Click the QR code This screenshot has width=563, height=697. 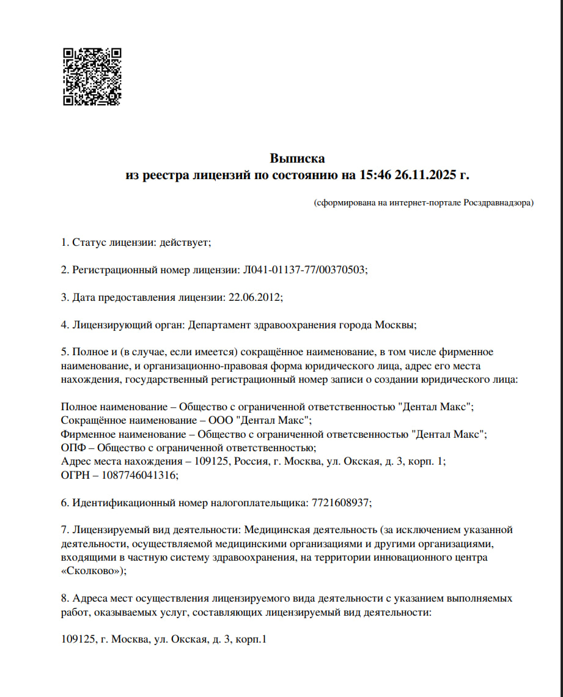click(x=92, y=77)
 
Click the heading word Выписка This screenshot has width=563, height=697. click(x=297, y=159)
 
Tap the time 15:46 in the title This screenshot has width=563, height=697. click(x=374, y=175)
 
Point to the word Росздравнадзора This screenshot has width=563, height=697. click(x=498, y=202)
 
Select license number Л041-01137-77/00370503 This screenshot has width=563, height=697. click(x=306, y=270)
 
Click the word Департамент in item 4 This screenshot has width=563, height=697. click(x=216, y=325)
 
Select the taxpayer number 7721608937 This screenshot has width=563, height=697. click(x=340, y=503)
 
